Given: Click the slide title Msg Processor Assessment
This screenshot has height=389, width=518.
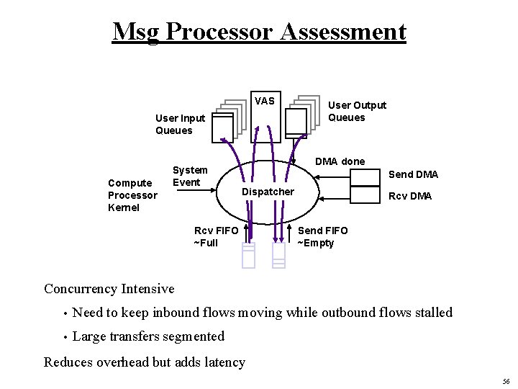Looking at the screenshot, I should click(259, 32).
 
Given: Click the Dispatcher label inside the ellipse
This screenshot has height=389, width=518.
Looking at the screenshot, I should click(268, 192).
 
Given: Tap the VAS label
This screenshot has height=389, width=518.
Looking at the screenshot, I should click(264, 101).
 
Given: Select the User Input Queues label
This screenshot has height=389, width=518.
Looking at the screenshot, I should click(180, 124).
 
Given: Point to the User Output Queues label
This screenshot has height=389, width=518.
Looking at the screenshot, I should click(357, 111).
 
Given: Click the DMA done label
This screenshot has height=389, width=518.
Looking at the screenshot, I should click(340, 161).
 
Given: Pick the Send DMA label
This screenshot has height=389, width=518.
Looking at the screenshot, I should click(413, 174).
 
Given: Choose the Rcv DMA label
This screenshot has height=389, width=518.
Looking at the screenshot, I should click(410, 196).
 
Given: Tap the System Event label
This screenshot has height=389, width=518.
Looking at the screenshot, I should click(190, 176).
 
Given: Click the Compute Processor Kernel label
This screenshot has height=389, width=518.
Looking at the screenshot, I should click(132, 195).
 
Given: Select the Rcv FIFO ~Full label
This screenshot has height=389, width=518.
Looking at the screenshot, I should click(216, 236).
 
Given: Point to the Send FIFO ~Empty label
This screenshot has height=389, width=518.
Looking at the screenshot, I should click(322, 236).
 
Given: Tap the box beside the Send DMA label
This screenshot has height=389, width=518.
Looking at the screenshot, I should click(365, 177).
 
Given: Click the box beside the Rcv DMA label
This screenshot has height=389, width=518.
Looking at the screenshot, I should click(365, 195).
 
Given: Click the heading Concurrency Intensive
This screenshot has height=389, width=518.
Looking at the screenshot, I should click(109, 289).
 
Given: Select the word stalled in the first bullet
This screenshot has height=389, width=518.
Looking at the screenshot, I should click(430, 313).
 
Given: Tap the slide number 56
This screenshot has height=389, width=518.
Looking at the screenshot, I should click(507, 381).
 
